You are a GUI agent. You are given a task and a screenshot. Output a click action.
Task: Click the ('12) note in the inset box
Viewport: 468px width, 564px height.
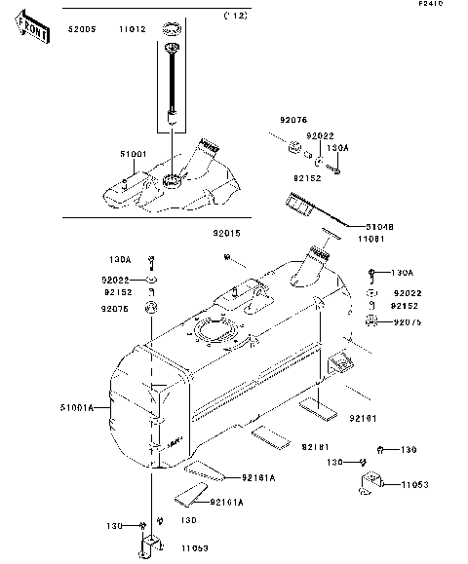[x=236, y=17]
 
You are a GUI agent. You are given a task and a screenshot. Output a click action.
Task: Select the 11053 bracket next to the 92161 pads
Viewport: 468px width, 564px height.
[x=373, y=482]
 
